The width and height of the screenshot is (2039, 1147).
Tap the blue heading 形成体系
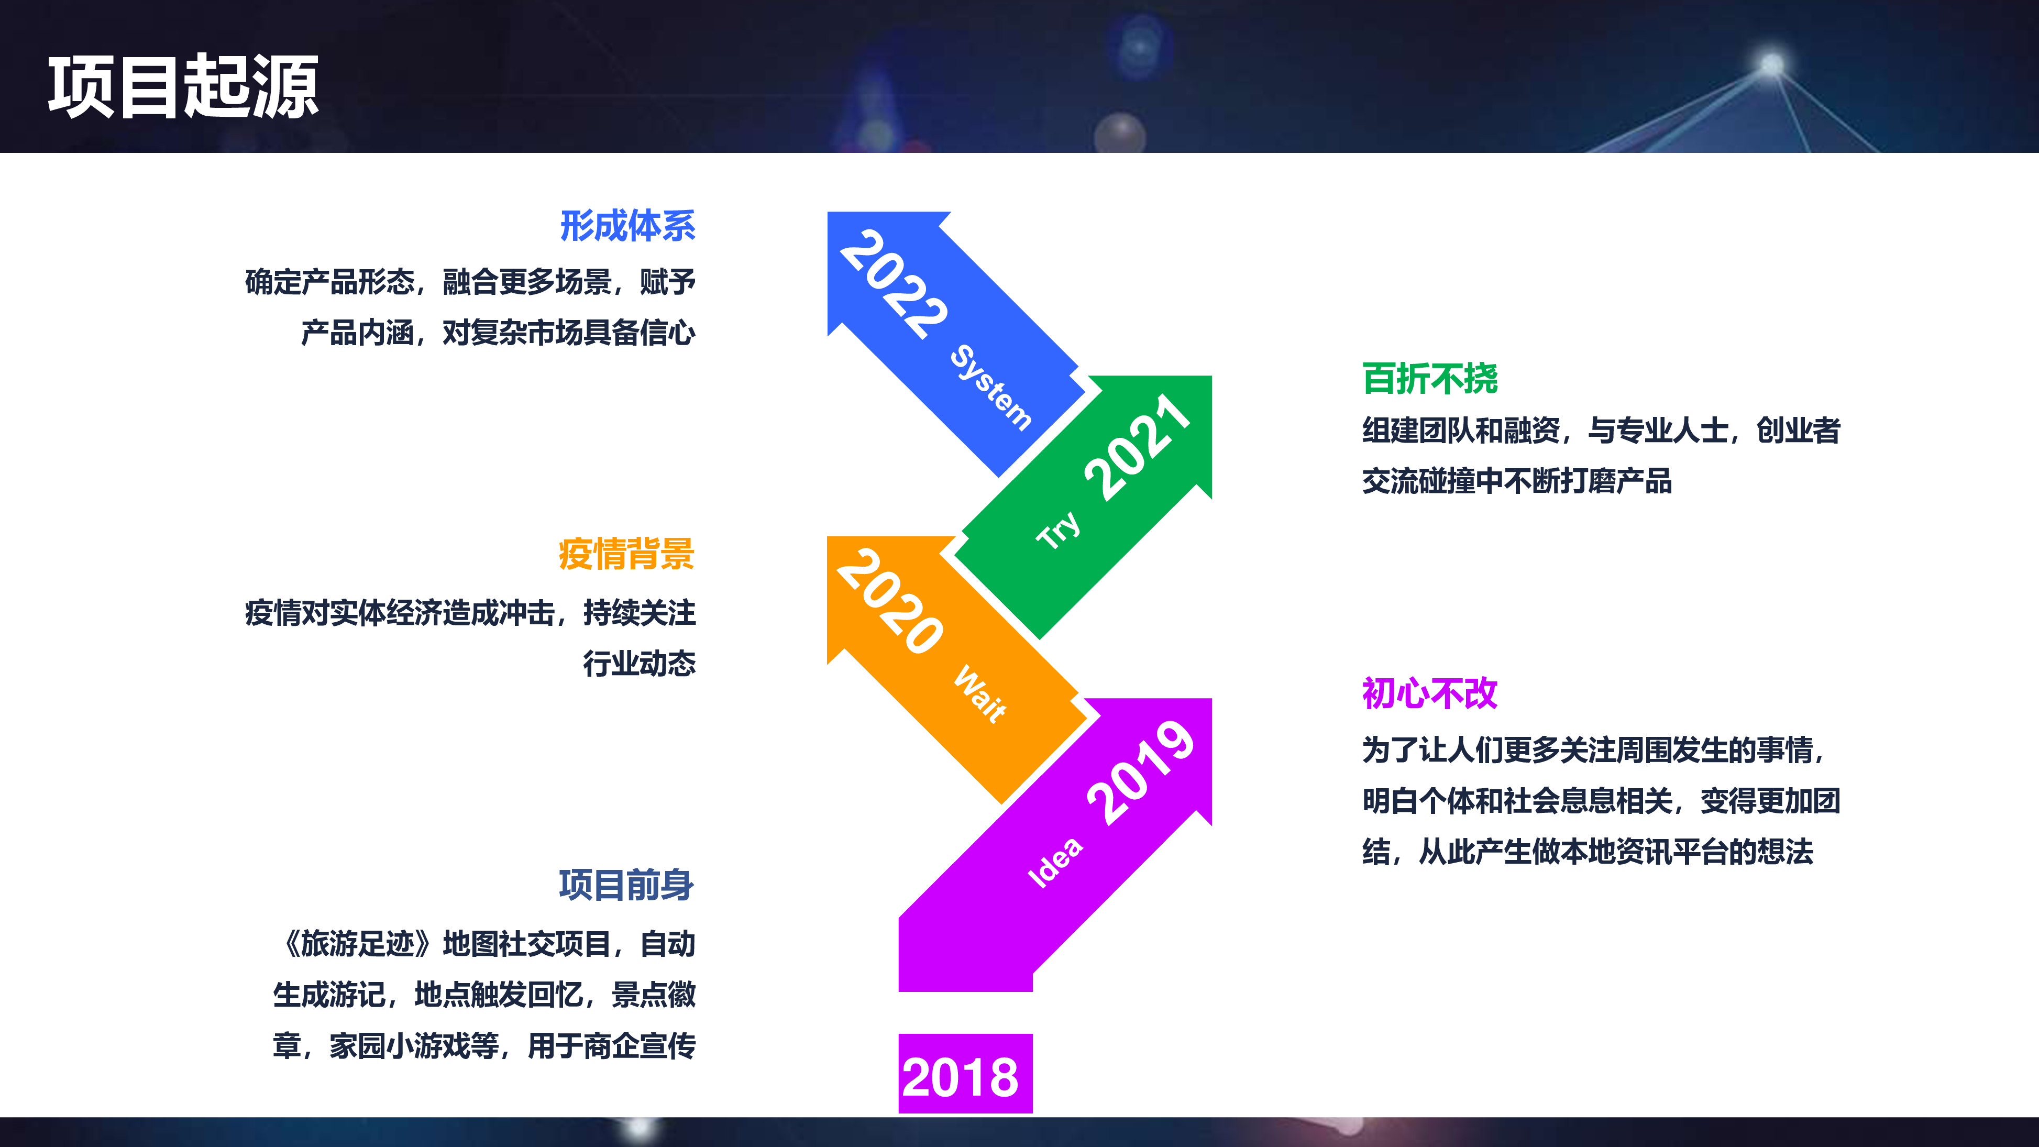[x=627, y=226]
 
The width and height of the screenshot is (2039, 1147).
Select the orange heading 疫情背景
[x=626, y=554]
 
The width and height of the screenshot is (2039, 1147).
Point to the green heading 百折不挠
[x=1429, y=378]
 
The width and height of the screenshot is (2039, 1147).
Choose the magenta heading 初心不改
[x=1429, y=694]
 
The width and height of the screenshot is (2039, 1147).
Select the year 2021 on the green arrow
[x=1138, y=447]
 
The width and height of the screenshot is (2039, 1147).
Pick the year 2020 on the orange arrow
[x=890, y=602]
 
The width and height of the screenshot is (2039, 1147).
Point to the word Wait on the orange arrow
[x=980, y=694]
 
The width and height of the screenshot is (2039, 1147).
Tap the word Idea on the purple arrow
[x=1055, y=863]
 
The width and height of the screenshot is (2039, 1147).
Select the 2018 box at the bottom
[x=965, y=1075]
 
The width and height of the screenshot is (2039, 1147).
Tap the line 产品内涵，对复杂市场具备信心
[x=498, y=333]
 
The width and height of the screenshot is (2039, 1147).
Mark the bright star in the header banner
[x=1771, y=63]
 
